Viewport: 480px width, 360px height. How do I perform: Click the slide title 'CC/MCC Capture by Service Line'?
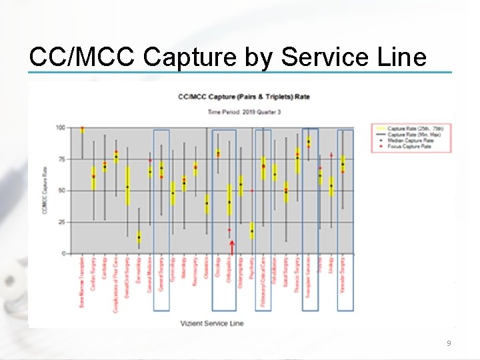click(x=227, y=57)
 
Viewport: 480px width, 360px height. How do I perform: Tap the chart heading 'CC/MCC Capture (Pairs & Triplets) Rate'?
click(x=243, y=97)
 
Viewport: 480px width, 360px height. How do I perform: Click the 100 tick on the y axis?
click(x=60, y=127)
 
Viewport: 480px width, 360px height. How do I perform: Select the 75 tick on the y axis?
click(x=61, y=159)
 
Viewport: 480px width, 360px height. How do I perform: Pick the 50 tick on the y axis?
click(x=61, y=191)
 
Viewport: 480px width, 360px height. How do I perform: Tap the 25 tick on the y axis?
click(x=61, y=222)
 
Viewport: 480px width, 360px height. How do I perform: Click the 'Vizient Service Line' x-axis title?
click(x=211, y=323)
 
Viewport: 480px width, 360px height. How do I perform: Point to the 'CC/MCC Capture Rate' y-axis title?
click(x=45, y=191)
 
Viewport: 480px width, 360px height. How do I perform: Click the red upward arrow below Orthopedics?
click(x=231, y=247)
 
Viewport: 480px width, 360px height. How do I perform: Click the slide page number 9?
click(x=449, y=343)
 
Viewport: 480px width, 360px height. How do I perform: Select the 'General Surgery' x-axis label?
click(x=161, y=273)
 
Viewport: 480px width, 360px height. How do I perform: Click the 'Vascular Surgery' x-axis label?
click(x=343, y=273)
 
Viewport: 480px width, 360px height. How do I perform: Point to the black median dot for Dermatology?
click(x=139, y=237)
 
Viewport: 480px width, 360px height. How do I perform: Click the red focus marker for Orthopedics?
click(x=229, y=230)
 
